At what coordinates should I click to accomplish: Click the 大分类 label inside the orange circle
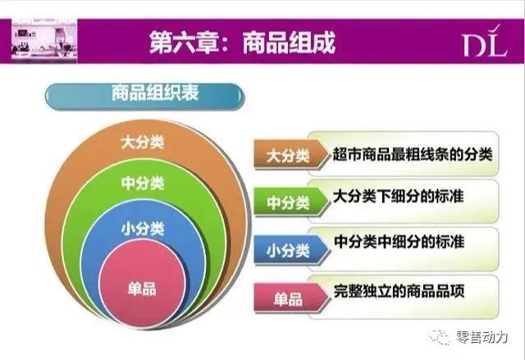coord(142,142)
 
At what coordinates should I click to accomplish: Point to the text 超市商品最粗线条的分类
coord(413,153)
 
